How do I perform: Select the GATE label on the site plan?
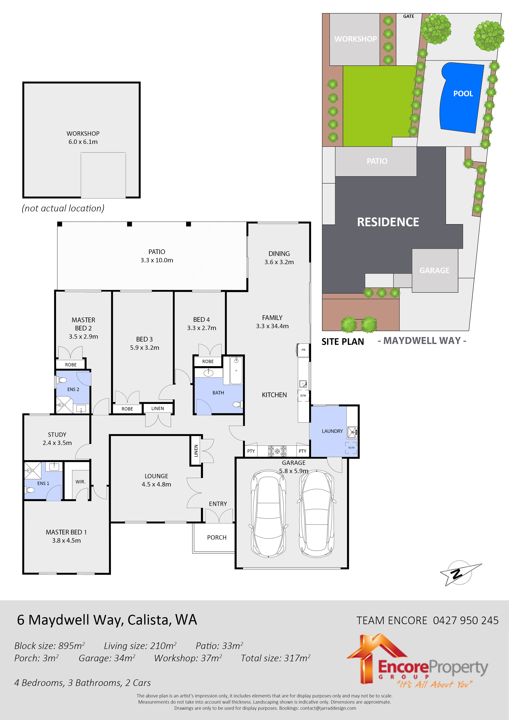coord(408,16)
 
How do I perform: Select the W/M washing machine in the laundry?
coord(351,447)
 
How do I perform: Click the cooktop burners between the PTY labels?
coord(277,451)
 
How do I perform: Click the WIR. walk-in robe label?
coord(80,482)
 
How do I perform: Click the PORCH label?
coord(216,538)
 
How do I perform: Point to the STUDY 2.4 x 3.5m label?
coord(57,439)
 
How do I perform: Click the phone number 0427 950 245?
coord(465,620)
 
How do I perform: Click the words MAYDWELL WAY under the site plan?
coord(422,341)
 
